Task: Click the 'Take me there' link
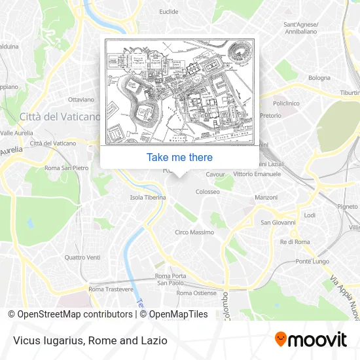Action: (x=179, y=157)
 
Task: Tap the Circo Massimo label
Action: (x=194, y=232)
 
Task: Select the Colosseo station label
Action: (x=207, y=192)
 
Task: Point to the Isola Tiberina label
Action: (x=148, y=197)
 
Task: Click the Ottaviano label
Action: (x=82, y=99)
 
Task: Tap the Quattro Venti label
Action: (x=82, y=257)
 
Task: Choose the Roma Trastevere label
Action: (x=111, y=289)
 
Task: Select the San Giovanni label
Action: (x=278, y=223)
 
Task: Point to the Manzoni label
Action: (x=266, y=197)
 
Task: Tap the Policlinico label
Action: (x=286, y=103)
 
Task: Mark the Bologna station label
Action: (x=319, y=78)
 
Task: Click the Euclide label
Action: (x=168, y=12)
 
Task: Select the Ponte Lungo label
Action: (x=312, y=261)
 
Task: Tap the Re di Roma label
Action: (x=295, y=242)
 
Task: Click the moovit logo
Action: (x=310, y=340)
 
